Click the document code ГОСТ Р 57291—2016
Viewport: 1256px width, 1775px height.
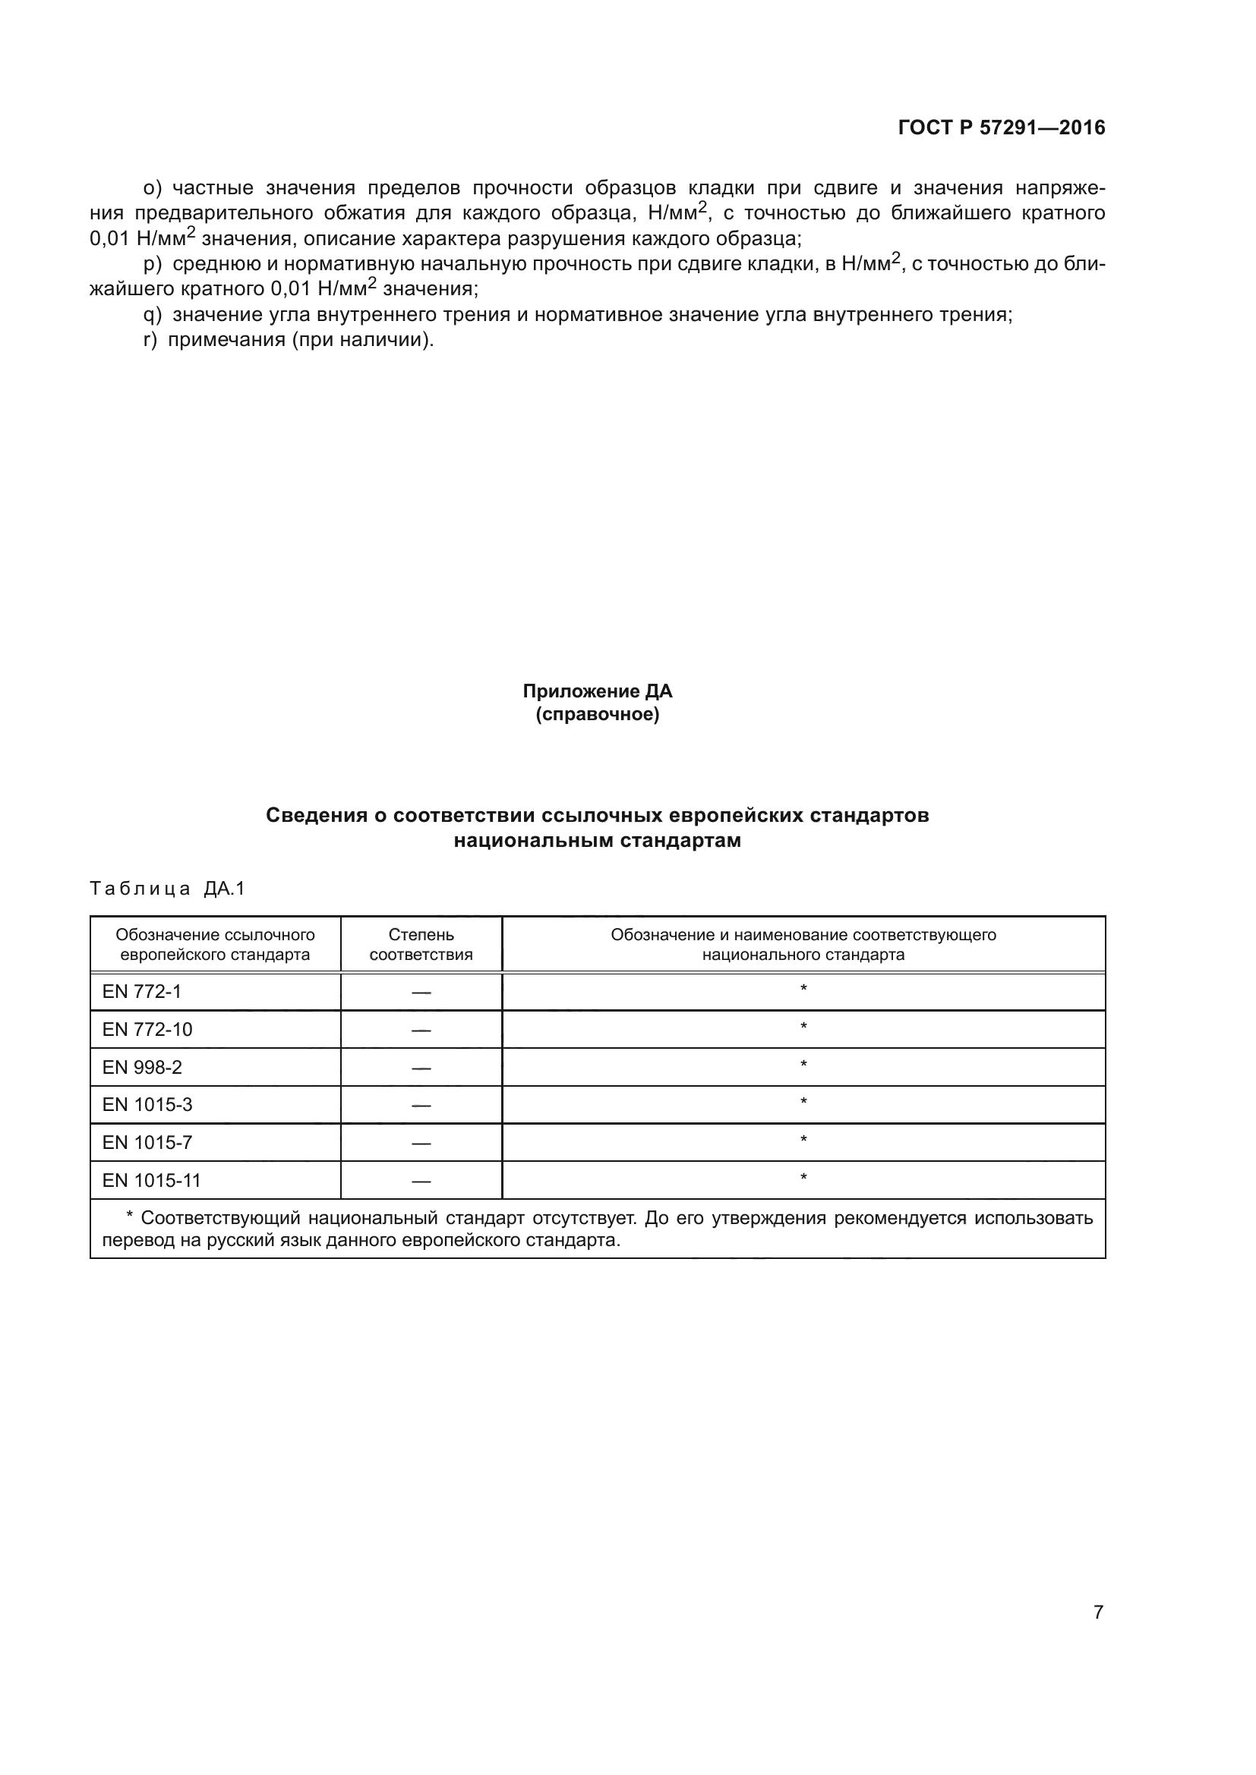tap(1002, 127)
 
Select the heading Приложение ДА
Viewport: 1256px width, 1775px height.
tap(597, 691)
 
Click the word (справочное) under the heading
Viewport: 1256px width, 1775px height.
tap(597, 714)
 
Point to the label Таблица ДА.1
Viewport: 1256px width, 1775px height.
tap(167, 889)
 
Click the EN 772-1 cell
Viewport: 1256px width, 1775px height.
tap(142, 992)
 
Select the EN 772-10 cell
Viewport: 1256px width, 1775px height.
tap(147, 1030)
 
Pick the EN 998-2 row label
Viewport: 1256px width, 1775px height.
tap(142, 1068)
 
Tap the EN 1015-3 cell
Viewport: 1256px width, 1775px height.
tap(147, 1105)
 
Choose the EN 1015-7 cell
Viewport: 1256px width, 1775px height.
tap(147, 1143)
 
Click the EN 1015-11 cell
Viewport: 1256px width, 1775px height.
tap(152, 1181)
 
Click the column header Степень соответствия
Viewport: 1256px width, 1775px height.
tap(421, 945)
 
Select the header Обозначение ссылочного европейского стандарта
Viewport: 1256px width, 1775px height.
tap(215, 945)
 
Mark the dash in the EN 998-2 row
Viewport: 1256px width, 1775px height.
tap(421, 1068)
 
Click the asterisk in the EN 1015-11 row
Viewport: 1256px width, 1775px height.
tap(803, 1179)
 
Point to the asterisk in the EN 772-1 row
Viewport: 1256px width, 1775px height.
tap(803, 990)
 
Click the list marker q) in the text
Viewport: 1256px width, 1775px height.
tap(153, 315)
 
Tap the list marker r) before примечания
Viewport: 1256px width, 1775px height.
tap(151, 339)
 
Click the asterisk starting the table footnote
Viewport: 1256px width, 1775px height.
tap(130, 1217)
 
